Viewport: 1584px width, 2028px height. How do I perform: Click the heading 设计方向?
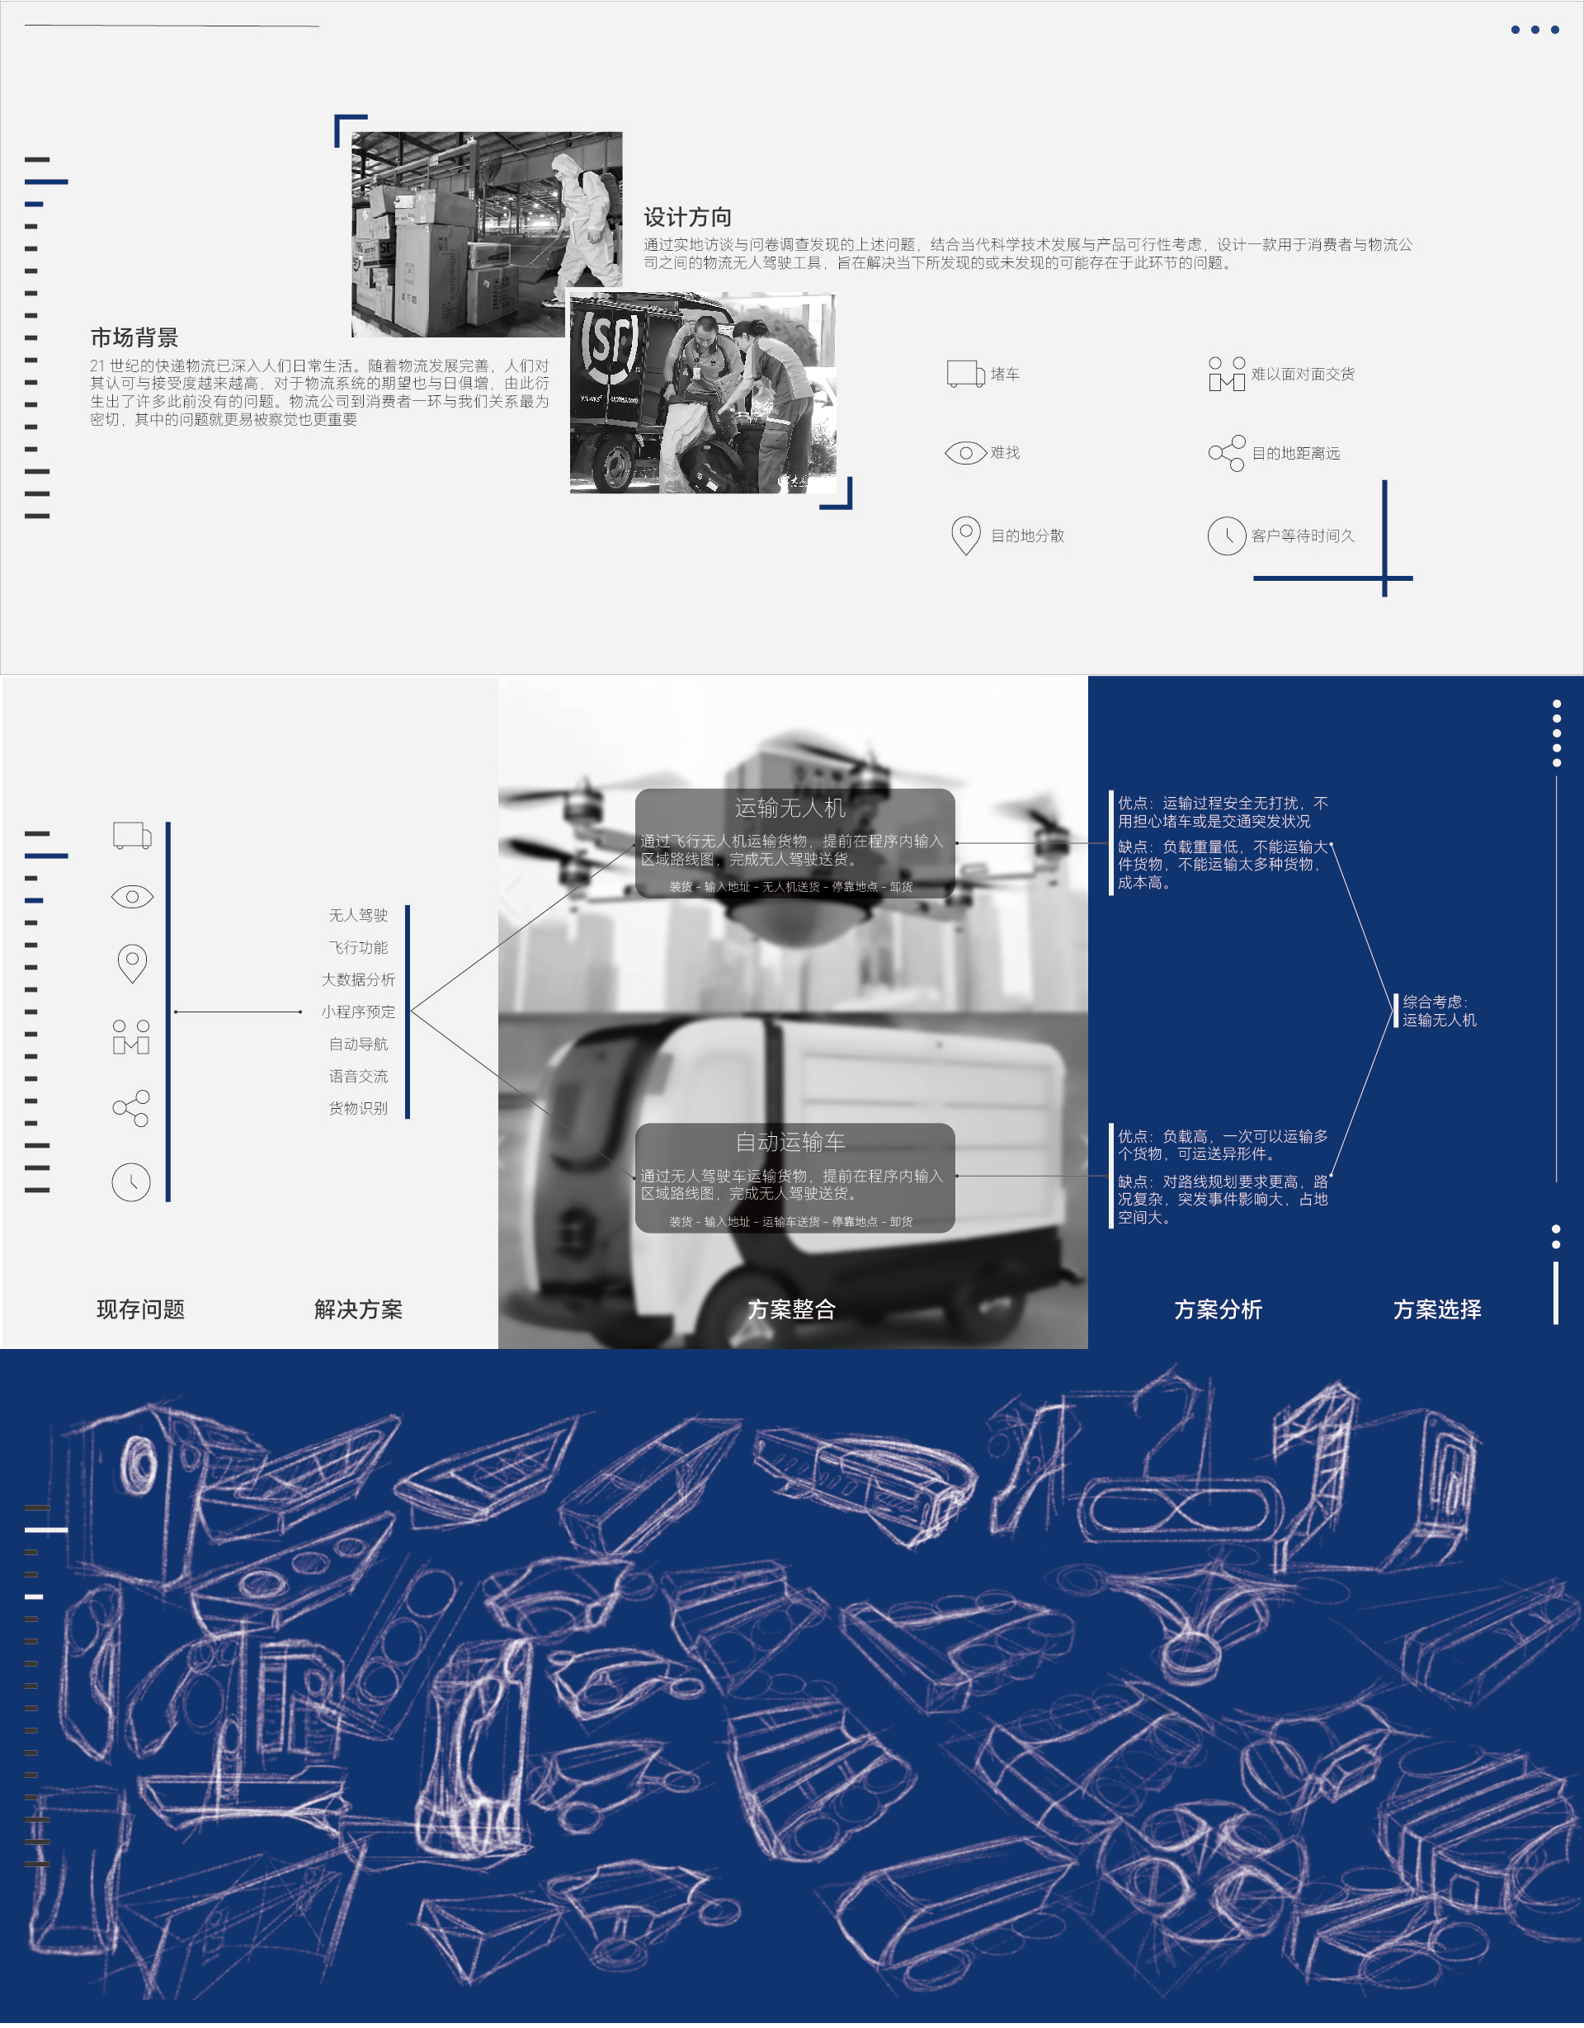[x=687, y=217]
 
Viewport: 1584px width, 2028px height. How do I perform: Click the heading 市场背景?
[x=134, y=337]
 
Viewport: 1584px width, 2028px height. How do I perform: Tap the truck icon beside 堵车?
[x=965, y=373]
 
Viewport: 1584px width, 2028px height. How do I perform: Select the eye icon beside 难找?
[x=965, y=453]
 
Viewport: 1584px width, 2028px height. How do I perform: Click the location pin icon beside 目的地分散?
[x=965, y=535]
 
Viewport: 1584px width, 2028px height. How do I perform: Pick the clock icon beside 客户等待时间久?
[x=1226, y=535]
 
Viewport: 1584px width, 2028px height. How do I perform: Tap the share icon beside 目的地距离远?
[x=1226, y=453]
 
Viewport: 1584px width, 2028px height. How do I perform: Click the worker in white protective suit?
[x=587, y=218]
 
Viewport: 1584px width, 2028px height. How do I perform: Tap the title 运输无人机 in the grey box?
[x=790, y=808]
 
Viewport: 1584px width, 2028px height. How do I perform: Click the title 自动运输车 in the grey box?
[x=790, y=1141]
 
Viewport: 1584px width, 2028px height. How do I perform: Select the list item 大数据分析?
[x=358, y=979]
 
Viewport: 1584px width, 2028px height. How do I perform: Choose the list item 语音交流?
[x=358, y=1076]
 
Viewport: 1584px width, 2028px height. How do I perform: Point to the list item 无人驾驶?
[x=358, y=916]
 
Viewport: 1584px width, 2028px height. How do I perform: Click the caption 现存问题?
[x=141, y=1309]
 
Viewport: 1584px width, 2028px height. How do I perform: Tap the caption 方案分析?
[x=1219, y=1309]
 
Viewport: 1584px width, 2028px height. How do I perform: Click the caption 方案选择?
[x=1437, y=1309]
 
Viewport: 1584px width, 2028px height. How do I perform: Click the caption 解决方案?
[x=358, y=1309]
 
